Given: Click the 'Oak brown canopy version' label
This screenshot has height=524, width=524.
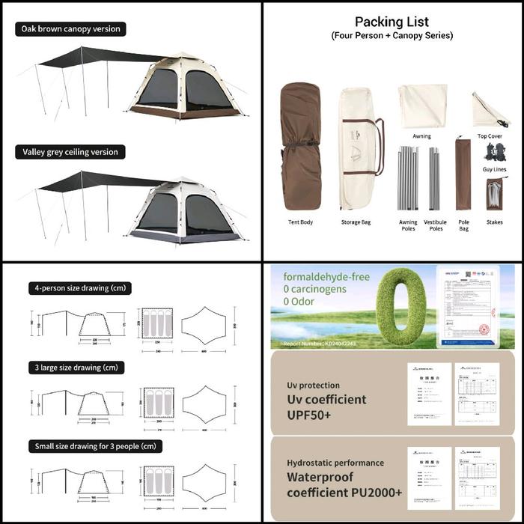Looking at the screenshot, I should click(x=70, y=29).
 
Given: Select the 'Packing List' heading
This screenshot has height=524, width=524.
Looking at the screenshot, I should click(x=392, y=22).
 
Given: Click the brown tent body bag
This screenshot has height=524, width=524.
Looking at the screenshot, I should click(x=300, y=147).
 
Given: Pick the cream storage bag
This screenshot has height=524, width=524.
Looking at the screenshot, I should click(x=357, y=150).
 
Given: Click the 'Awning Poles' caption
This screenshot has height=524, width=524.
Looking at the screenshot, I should click(x=408, y=225).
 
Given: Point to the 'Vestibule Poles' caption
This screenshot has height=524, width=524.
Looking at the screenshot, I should click(x=435, y=225).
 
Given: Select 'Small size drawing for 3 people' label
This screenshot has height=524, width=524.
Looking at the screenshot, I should click(x=96, y=446).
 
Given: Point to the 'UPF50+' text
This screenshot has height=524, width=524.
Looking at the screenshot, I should click(x=309, y=415).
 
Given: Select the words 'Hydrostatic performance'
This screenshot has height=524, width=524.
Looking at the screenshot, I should click(x=335, y=463).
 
